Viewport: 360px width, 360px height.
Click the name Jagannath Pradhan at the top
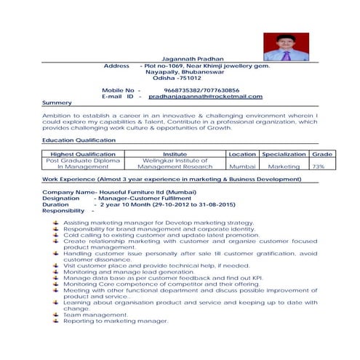[x=193, y=58]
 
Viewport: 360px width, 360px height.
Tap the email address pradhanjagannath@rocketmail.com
[x=206, y=96]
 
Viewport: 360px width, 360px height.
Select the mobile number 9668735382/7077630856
[x=201, y=89]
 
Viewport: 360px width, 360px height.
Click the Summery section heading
[x=57, y=103]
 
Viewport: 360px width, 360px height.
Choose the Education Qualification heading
[x=79, y=139]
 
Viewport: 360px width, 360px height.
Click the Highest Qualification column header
[x=83, y=154]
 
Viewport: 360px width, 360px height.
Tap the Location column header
[x=241, y=154]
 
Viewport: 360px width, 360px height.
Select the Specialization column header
[x=284, y=154]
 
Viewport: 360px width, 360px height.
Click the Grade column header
[x=321, y=154]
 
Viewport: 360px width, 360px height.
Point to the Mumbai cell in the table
[x=241, y=167]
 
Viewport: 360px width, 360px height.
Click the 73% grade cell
[x=319, y=167]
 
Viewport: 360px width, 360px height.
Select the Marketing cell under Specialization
[x=284, y=167]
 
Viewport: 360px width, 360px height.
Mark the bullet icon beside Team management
[x=56, y=314]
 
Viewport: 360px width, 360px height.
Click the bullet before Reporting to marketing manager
[x=56, y=320]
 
